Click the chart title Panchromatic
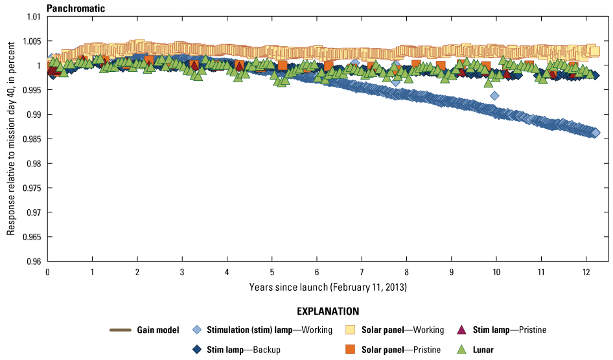[76, 8]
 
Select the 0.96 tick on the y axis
[32, 262]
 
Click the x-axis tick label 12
[586, 271]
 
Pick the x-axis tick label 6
[316, 271]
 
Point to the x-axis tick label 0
[47, 271]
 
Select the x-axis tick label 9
[451, 271]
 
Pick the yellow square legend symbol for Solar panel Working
[351, 330]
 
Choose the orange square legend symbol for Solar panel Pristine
[351, 350]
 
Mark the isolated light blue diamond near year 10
[494, 96]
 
